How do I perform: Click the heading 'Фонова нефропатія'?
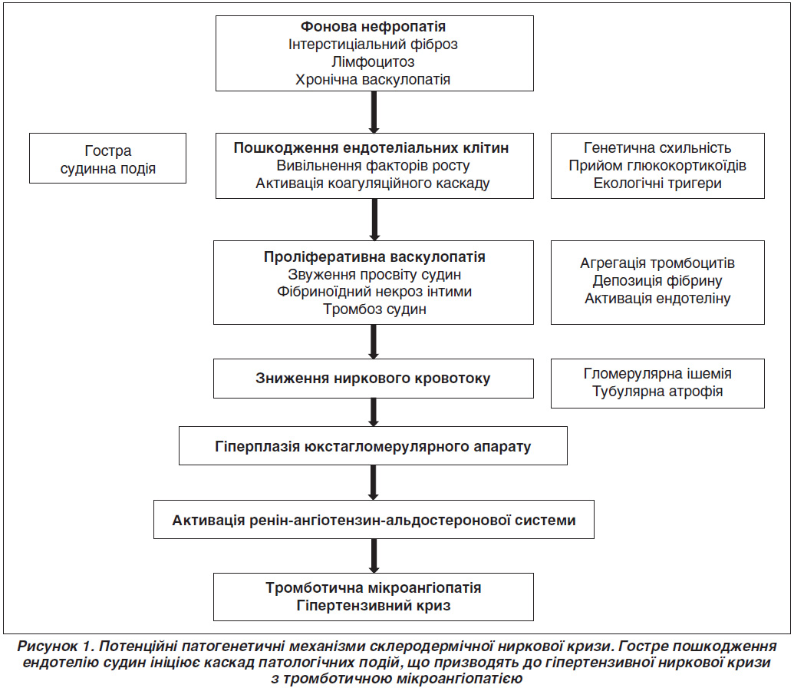(x=373, y=26)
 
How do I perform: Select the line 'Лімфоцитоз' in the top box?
(x=373, y=62)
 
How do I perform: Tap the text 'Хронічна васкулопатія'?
(x=373, y=80)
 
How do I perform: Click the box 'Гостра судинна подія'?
(x=108, y=158)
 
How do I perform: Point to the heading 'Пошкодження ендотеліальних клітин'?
(x=371, y=148)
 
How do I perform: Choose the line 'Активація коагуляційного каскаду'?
(x=373, y=183)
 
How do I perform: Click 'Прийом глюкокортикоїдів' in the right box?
(x=657, y=165)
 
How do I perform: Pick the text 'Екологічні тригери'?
(x=657, y=183)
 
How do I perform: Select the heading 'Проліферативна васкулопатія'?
(x=374, y=257)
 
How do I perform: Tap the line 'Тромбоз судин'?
(x=374, y=309)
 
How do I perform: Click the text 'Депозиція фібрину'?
(x=657, y=281)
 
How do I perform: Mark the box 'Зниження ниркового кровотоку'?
(x=373, y=379)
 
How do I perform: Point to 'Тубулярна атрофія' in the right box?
(x=657, y=392)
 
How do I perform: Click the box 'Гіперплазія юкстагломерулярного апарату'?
(x=373, y=445)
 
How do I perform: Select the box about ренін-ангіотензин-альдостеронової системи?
(x=374, y=520)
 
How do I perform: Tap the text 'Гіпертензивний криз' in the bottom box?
(x=374, y=605)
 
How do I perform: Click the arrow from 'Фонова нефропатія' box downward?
(x=374, y=112)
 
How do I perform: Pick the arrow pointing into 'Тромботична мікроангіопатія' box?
(x=374, y=556)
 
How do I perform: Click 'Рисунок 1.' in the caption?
(x=56, y=647)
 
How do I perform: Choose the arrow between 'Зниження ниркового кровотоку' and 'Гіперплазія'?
(x=374, y=412)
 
